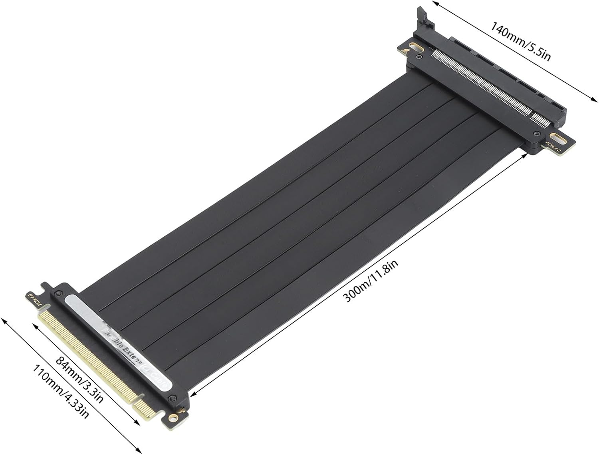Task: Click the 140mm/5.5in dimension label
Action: point(520,42)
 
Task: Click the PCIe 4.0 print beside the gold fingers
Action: point(35,299)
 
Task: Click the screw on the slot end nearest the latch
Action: point(419,58)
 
